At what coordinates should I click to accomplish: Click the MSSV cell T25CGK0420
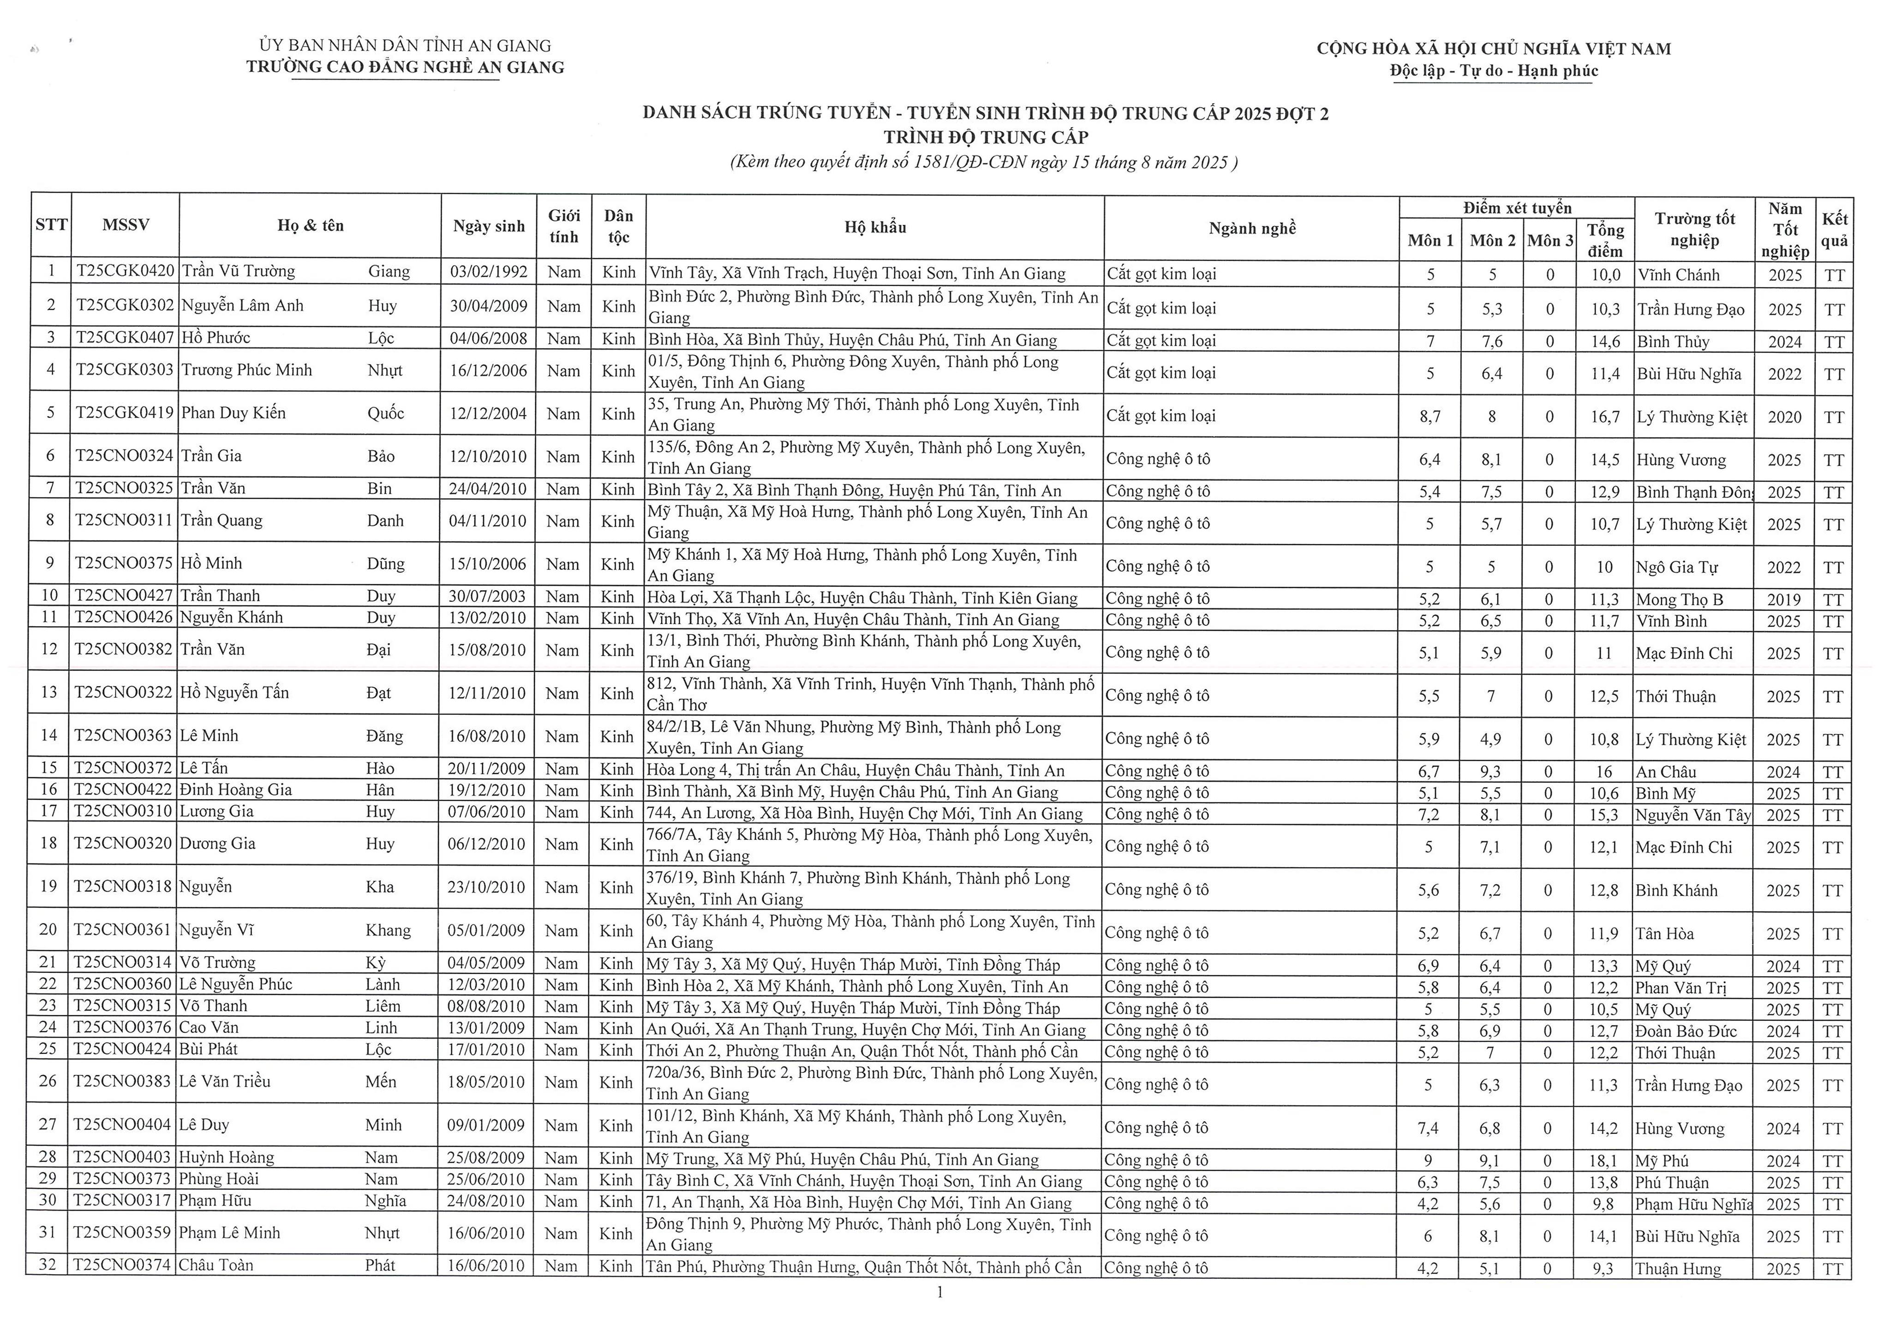tap(125, 272)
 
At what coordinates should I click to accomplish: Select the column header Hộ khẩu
tap(875, 227)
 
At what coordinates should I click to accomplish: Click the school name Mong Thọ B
tap(1679, 600)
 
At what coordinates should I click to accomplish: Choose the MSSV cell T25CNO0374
tap(124, 1265)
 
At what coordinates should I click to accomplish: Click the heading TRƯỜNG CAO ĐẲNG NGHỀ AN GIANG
tap(405, 67)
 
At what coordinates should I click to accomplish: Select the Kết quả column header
tap(1835, 229)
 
